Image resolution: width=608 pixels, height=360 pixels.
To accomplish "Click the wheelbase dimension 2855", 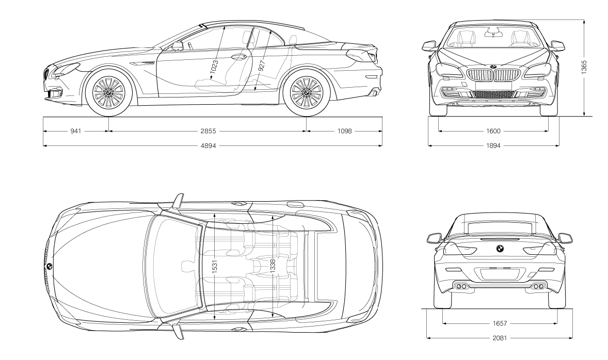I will [208, 131].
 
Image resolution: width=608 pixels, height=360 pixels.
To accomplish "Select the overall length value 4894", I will [208, 146].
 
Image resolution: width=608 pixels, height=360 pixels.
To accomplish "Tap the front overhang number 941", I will [76, 131].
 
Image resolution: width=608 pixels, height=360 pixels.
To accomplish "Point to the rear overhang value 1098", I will [344, 131].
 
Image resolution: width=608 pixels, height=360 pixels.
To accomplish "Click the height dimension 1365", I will [584, 67].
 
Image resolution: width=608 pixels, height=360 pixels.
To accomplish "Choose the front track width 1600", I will [493, 131].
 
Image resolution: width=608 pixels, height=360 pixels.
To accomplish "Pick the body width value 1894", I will [493, 146].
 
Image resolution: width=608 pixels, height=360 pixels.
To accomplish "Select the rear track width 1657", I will [500, 323].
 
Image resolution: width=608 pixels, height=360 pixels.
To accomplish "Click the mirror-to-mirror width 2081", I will [500, 338].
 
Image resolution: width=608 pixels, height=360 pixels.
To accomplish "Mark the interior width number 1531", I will [215, 265].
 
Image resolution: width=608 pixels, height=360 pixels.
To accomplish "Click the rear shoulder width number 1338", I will [272, 265].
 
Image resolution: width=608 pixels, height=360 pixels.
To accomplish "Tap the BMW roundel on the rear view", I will [500, 249].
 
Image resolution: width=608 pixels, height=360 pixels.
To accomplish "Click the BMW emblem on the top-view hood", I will [50, 266].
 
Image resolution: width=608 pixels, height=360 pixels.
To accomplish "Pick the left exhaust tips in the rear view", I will [461, 286].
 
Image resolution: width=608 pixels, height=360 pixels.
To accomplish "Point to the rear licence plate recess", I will [500, 274].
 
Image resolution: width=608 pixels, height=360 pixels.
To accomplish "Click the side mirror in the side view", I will [178, 46].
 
